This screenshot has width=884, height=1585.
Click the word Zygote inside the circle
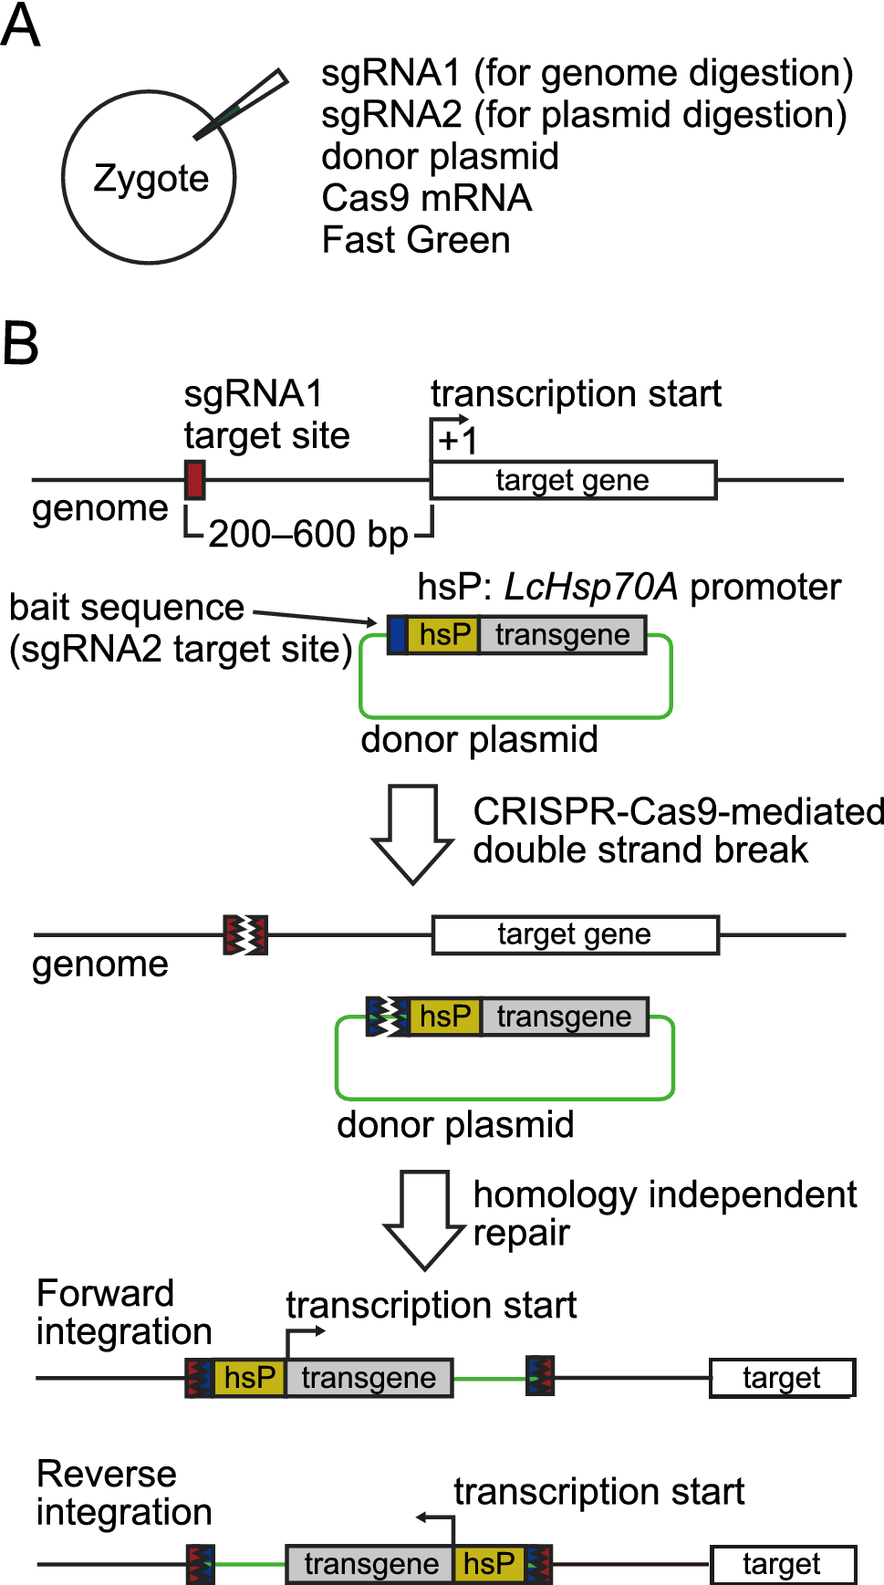tap(151, 179)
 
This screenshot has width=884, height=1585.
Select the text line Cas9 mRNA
tap(426, 198)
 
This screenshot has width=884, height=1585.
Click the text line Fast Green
tap(415, 240)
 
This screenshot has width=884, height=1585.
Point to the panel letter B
tap(20, 344)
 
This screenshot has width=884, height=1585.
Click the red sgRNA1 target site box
tap(194, 479)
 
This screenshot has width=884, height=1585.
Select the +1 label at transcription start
tap(458, 442)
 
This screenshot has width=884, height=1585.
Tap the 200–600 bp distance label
tap(307, 534)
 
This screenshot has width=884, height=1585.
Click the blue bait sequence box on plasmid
tap(397, 635)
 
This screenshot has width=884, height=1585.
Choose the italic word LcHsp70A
tap(590, 588)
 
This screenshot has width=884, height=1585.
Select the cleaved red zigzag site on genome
tap(245, 934)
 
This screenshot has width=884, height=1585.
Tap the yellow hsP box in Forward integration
tap(249, 1378)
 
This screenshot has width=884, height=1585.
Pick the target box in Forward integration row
tap(781, 1378)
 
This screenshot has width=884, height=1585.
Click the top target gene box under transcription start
tap(573, 480)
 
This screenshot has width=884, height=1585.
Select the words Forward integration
tap(123, 1312)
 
